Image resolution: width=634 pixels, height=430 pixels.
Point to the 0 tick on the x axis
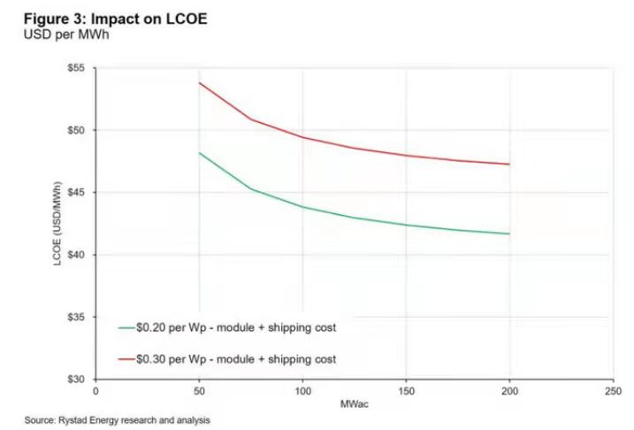coord(95,389)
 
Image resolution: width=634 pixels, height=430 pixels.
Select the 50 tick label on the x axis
coord(199,389)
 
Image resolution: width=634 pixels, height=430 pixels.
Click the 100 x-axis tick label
coord(302,389)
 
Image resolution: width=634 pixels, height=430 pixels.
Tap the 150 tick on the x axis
coord(406,389)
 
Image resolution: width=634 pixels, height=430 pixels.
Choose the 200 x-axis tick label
coord(509,389)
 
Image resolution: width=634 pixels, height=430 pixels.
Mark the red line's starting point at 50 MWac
coord(199,82)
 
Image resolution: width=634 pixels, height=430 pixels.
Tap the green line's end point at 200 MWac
coord(509,234)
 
